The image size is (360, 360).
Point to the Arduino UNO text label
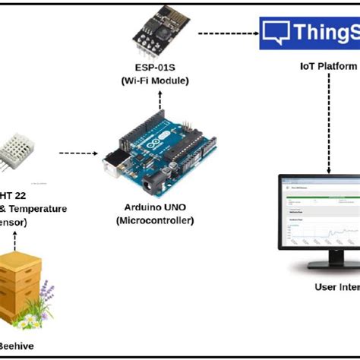coord(156,207)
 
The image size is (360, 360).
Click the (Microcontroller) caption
coord(156,220)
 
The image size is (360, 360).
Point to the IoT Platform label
coord(327,67)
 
